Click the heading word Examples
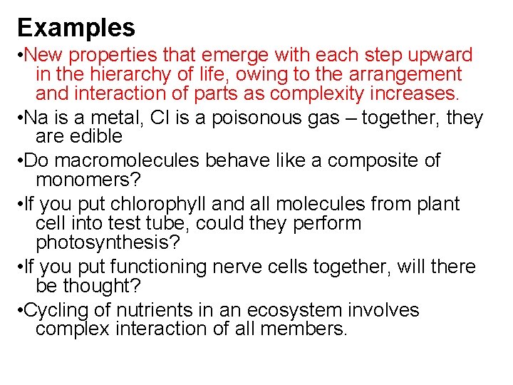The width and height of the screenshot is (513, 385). pos(76,28)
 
